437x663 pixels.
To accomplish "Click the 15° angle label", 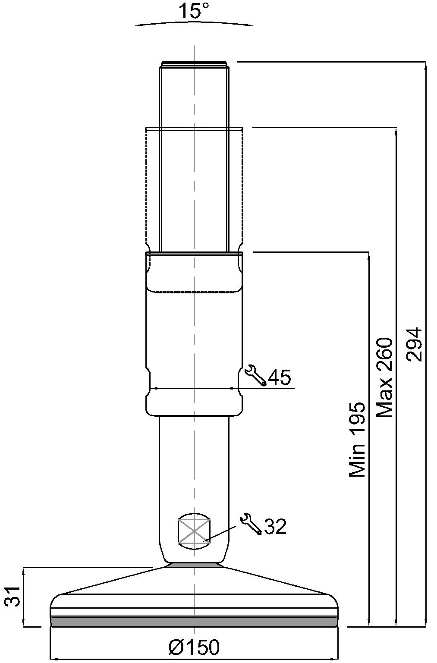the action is pos(194,11).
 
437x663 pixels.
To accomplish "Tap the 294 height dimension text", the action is pos(414,344).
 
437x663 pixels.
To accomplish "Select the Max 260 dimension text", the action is pos(384,377).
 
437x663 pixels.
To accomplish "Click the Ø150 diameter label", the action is pos(194,647).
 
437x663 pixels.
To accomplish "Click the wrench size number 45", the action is pos(280,377).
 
